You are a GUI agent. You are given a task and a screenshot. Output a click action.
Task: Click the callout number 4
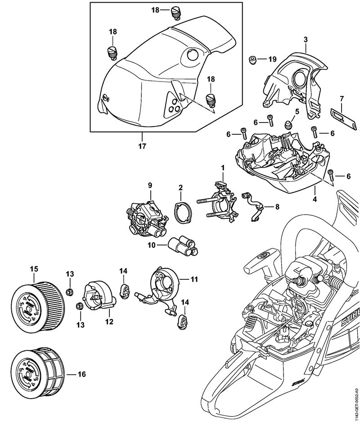[315, 199]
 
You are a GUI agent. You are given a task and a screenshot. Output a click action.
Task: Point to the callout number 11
[194, 279]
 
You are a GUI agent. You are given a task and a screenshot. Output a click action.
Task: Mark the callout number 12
[109, 322]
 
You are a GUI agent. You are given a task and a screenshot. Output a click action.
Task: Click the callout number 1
[222, 168]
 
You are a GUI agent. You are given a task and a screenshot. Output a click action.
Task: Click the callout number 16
[82, 374]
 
